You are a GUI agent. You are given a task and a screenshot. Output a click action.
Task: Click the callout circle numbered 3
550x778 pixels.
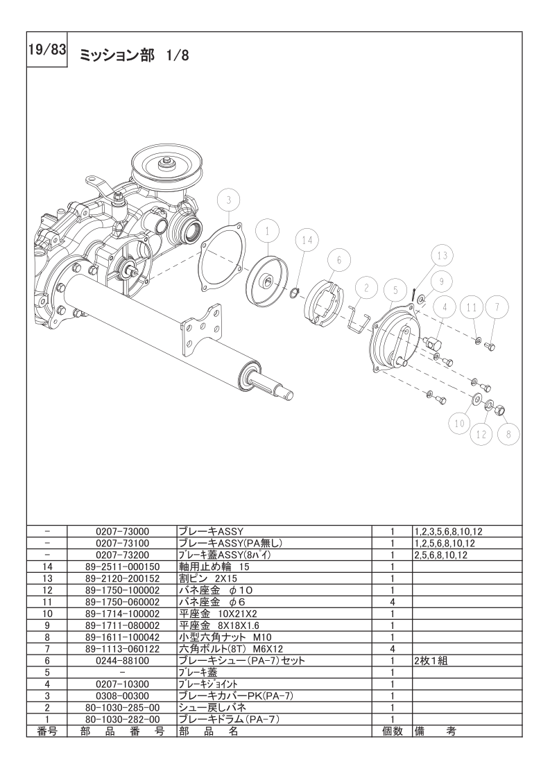point(228,200)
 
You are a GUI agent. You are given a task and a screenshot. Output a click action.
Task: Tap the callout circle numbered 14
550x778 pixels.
point(308,240)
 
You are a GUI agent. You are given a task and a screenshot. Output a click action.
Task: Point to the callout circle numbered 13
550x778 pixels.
point(442,255)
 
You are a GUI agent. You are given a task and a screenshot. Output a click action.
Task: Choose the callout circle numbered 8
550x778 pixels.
point(508,433)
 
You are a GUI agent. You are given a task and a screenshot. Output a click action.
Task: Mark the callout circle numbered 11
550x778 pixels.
point(472,306)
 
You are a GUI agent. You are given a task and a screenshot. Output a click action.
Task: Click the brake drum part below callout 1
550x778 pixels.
point(266,281)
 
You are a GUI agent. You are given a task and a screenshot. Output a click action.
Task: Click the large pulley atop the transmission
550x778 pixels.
point(166,166)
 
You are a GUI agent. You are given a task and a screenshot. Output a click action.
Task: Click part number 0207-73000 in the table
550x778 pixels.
point(122,531)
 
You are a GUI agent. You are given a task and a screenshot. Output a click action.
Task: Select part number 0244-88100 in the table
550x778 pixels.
point(122,662)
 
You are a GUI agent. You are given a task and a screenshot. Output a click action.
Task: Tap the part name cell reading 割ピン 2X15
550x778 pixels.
point(208,578)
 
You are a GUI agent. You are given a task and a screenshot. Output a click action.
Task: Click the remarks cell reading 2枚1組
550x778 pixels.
point(430,662)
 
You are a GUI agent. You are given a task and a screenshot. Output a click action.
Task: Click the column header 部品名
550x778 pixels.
point(208,732)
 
